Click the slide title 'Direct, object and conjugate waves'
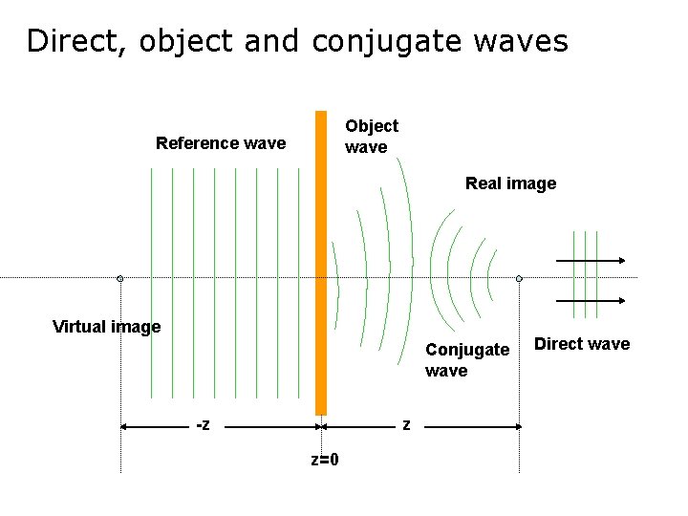point(297,41)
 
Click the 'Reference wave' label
point(221,143)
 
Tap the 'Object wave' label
point(371,136)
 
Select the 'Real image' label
point(510,183)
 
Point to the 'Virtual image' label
point(106,327)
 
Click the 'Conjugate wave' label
point(466,359)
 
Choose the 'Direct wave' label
point(581,344)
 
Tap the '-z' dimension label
point(203,424)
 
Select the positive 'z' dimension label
point(406,424)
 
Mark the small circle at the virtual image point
point(120,279)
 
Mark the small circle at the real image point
point(519,279)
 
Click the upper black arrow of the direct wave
point(590,261)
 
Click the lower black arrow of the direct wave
point(590,300)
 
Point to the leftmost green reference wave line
point(151,282)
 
